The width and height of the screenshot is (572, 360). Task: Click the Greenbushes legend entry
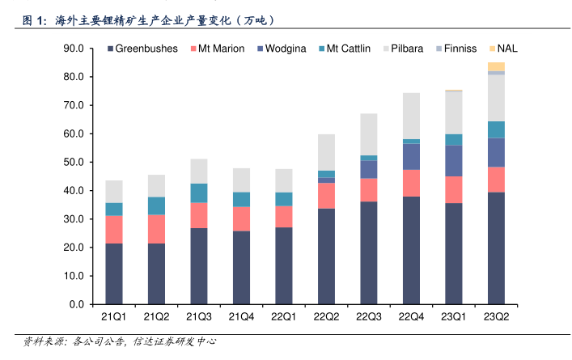point(146,49)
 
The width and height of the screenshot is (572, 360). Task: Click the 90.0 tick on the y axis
point(74,49)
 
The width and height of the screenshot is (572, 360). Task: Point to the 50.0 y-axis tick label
point(74,163)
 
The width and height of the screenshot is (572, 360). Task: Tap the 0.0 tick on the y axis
point(77,304)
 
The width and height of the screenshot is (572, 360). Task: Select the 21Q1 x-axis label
point(114,317)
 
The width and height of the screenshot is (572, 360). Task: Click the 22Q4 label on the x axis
point(411,317)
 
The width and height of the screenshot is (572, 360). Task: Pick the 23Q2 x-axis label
point(496,317)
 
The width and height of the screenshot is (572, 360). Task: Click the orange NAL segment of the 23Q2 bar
point(496,66)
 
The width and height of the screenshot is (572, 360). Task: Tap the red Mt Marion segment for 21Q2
point(157,229)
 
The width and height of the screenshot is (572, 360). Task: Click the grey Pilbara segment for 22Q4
point(411,116)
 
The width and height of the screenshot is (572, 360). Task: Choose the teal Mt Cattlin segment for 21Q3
point(199,193)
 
